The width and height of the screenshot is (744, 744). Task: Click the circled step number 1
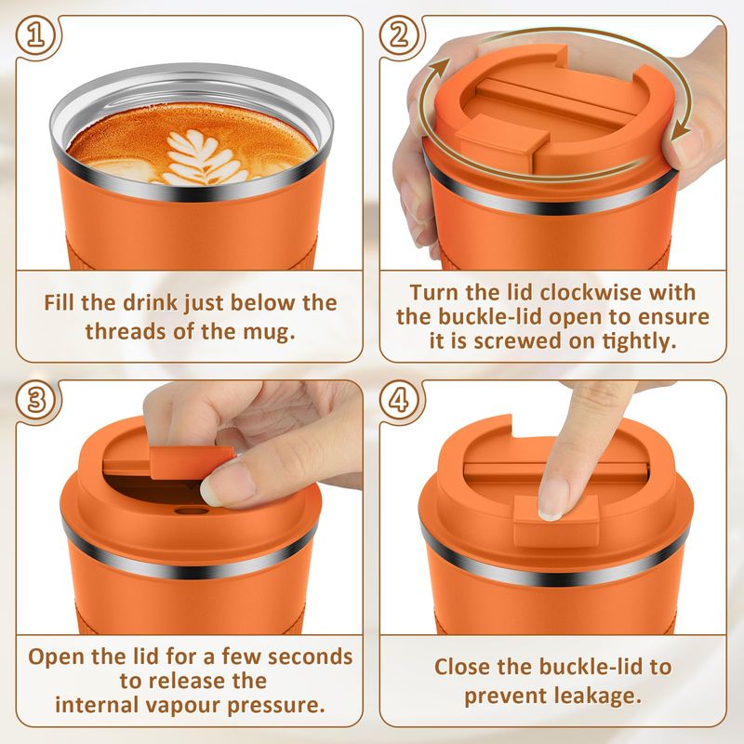[x=36, y=36]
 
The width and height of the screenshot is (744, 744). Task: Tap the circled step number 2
[x=400, y=36]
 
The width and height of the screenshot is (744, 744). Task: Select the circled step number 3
[x=36, y=400]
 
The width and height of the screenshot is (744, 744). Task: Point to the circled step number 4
[x=400, y=400]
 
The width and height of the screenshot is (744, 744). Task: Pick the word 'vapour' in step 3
[x=182, y=705]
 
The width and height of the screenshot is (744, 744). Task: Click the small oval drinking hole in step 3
[x=192, y=511]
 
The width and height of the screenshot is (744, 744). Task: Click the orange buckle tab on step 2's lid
[x=497, y=141]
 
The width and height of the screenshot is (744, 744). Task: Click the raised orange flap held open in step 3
[x=168, y=461]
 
